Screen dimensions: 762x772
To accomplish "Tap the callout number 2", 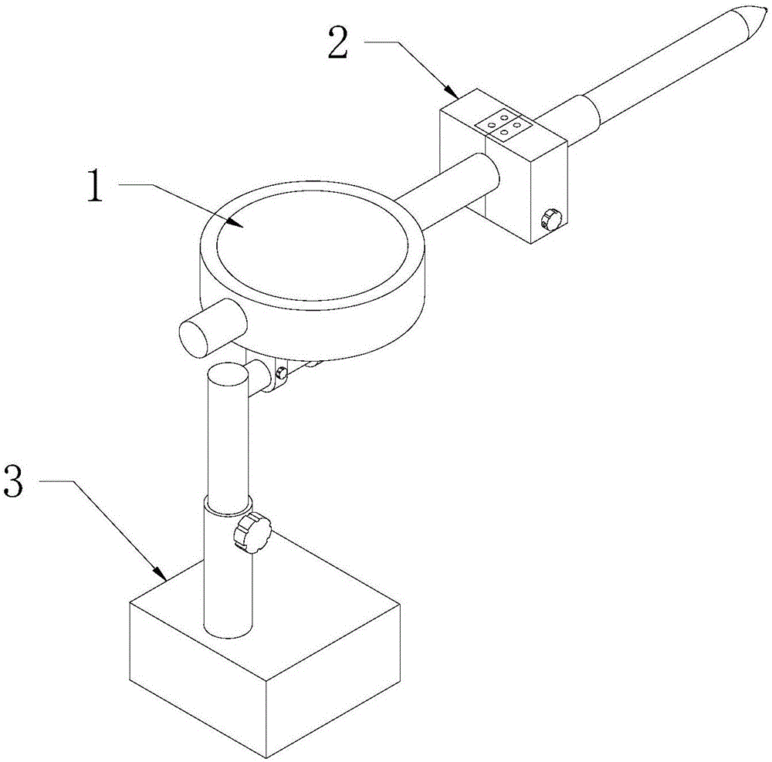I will pyautogui.click(x=338, y=44).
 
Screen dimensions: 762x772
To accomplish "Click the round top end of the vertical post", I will pyautogui.click(x=228, y=376).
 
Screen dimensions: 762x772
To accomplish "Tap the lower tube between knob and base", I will pyautogui.click(x=229, y=586).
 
